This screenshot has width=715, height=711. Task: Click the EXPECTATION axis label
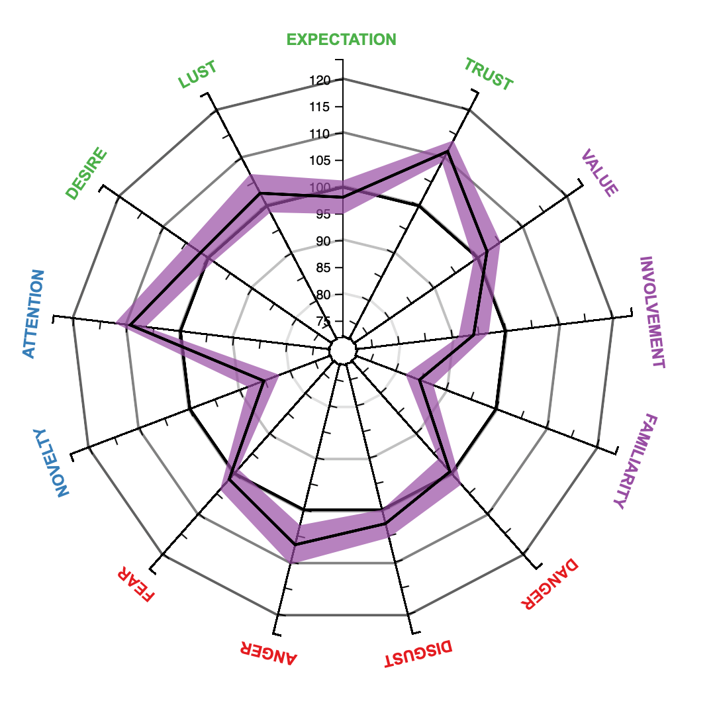coord(341,40)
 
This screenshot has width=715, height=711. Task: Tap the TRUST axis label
coord(488,74)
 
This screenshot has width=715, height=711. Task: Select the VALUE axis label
coord(599,174)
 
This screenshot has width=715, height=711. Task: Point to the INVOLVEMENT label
coord(651,312)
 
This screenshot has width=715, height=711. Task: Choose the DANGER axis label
coord(549,585)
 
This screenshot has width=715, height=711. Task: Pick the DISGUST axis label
coord(418,654)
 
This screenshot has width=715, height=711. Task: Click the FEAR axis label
coord(136,583)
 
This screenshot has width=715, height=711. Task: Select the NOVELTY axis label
coord(51,461)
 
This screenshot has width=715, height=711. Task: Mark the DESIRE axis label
coord(87,174)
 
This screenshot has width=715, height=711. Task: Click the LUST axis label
coord(197,75)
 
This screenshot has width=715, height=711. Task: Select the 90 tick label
coord(322,242)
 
